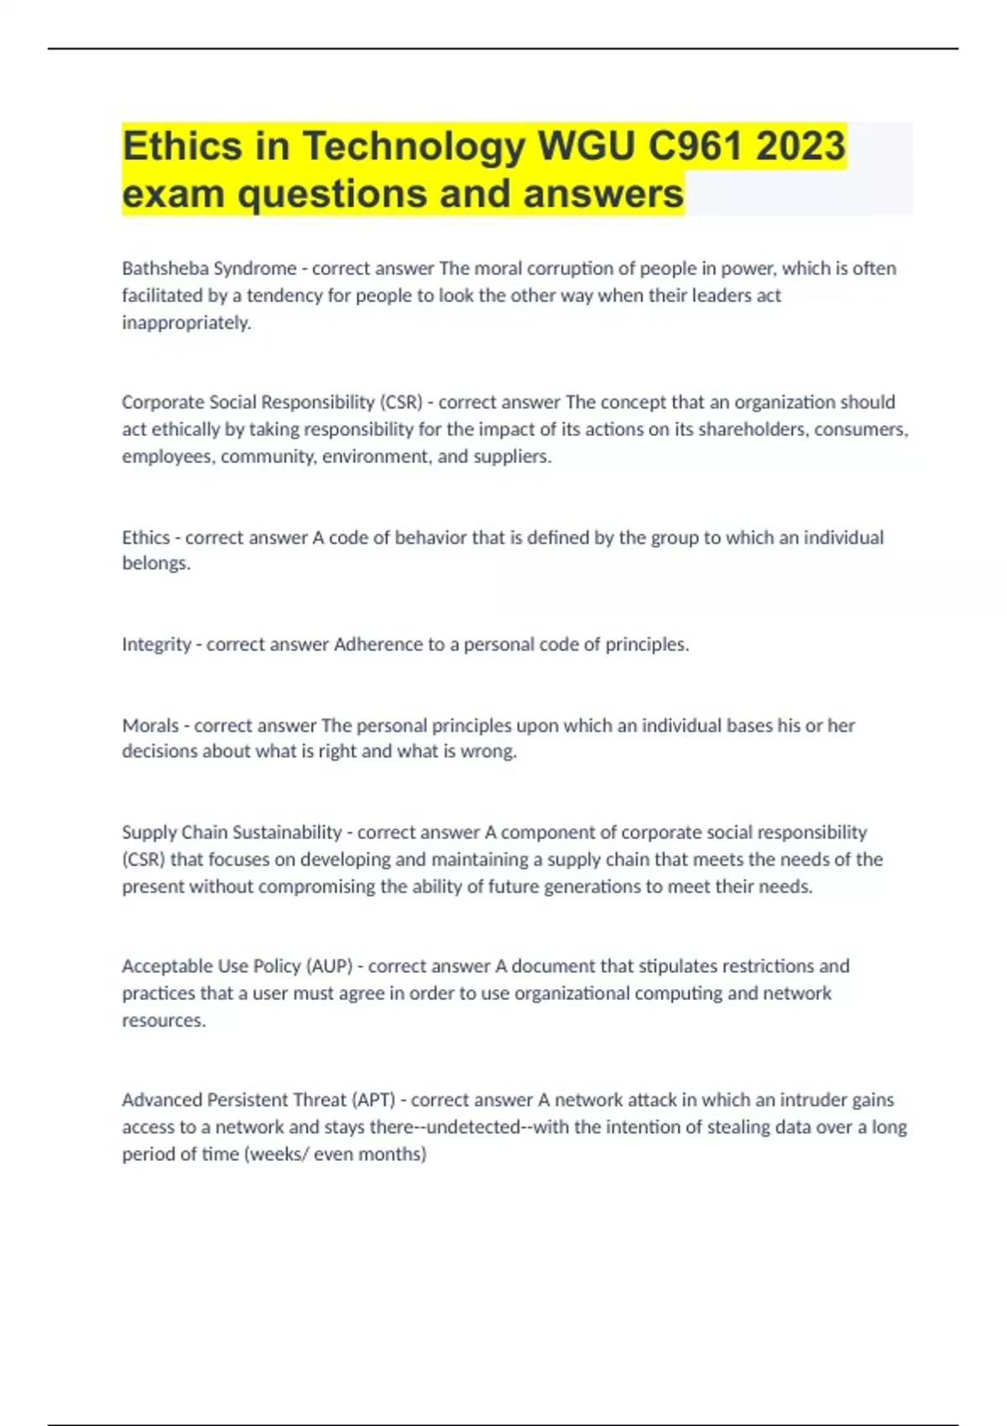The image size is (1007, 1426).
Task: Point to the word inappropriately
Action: [186, 323]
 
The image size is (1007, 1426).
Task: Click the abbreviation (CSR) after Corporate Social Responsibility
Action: [401, 403]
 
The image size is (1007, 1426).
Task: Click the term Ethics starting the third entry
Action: [146, 537]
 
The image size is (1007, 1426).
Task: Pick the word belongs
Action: [156, 563]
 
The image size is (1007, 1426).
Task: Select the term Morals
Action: [150, 725]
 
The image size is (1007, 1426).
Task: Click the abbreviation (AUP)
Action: [330, 966]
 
